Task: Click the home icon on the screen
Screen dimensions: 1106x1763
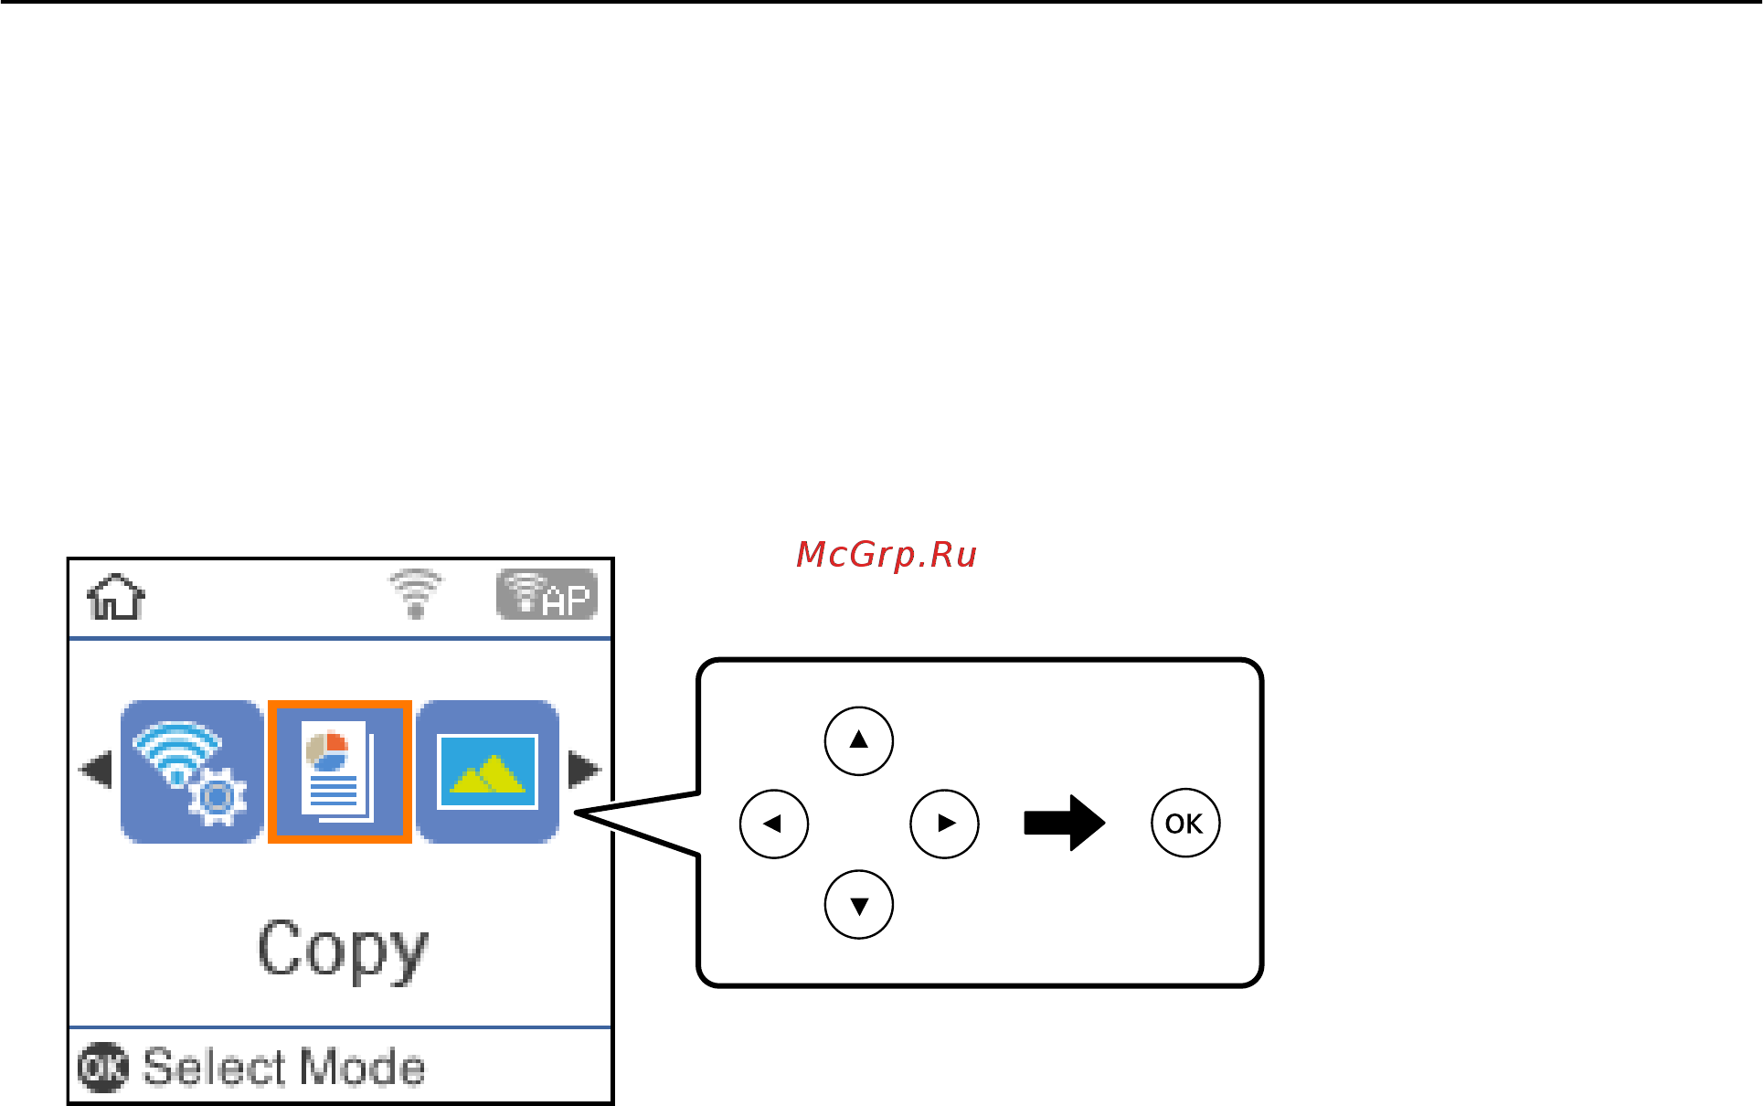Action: pos(116,597)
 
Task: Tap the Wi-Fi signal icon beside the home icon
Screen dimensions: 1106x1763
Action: pos(416,594)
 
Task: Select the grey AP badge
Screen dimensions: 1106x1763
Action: pos(547,595)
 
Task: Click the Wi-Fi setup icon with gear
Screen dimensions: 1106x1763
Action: pos(192,771)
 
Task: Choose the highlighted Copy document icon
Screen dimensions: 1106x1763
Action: pos(339,771)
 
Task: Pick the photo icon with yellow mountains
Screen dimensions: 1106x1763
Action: pos(487,771)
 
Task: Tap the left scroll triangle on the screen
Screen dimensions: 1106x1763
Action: pos(96,770)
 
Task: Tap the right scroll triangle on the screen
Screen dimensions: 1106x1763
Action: pos(584,770)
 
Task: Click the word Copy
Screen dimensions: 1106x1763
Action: pos(343,951)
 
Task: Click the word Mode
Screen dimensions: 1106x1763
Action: pos(362,1068)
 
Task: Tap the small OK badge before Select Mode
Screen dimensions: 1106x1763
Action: pos(102,1068)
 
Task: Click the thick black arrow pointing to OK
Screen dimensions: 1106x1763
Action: pos(1064,823)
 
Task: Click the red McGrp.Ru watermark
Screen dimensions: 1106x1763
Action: pos(886,555)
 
